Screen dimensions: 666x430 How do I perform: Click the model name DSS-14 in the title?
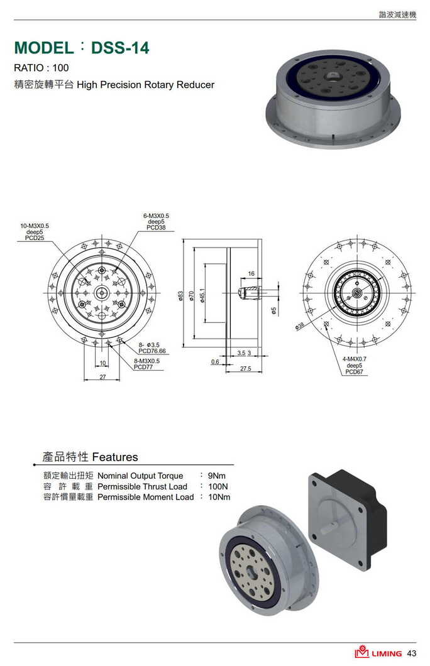tap(120, 48)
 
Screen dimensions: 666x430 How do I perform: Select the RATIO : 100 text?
tap(41, 68)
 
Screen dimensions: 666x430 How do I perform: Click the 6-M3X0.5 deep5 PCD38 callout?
tap(156, 222)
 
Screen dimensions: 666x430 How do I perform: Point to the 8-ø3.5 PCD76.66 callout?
tap(152, 347)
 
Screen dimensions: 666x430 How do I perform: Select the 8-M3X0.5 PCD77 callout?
tap(146, 364)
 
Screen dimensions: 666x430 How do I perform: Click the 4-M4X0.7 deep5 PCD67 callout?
tap(355, 365)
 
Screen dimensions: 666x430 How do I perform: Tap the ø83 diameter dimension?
tap(181, 295)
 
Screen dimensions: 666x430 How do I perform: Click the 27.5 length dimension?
tap(245, 369)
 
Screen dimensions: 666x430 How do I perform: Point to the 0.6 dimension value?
tap(215, 362)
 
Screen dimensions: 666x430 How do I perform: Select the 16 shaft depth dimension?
tap(251, 274)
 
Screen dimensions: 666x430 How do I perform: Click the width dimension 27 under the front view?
tap(102, 377)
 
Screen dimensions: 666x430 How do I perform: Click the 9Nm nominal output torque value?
tap(216, 476)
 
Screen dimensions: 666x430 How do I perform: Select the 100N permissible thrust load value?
tap(218, 486)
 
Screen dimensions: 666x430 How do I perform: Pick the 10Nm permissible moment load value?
tap(219, 497)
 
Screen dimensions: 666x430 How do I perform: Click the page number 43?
tap(412, 653)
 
